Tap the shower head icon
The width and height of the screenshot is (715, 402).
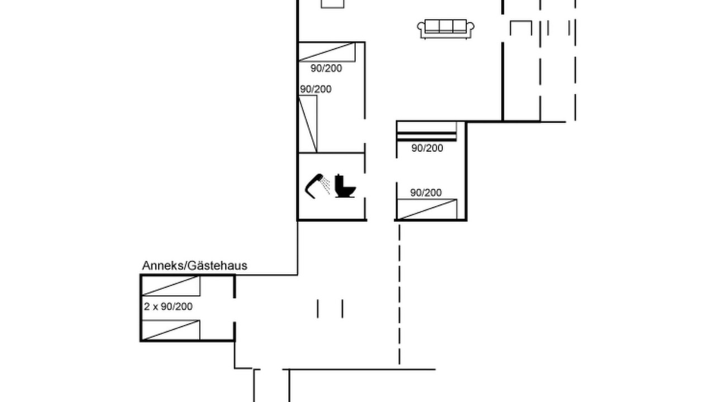coord(317,186)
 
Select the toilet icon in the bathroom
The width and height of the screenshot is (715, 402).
coord(345,186)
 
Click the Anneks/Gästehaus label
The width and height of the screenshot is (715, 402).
coord(194,265)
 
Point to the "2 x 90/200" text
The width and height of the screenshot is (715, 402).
coord(168,307)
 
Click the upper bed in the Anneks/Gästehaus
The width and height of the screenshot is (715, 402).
coord(171,286)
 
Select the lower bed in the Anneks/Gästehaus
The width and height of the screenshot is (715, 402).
coord(171,330)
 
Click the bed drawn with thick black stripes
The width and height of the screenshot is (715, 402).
coord(426,131)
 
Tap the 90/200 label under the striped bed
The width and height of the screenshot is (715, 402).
coord(427,148)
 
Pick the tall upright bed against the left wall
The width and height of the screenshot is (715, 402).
coord(308,124)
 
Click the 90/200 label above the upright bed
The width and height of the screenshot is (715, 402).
coord(316,89)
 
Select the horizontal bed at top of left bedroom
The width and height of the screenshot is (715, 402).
coord(327,52)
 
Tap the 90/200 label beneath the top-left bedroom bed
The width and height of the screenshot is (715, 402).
coord(326,68)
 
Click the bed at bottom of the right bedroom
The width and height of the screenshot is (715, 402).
coord(427,209)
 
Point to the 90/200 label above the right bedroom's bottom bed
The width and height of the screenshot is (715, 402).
coord(426,193)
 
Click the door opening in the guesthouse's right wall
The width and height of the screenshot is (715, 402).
coord(235,310)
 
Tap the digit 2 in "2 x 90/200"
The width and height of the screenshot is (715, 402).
coord(146,307)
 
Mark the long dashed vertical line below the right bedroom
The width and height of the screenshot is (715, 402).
coord(399,294)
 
